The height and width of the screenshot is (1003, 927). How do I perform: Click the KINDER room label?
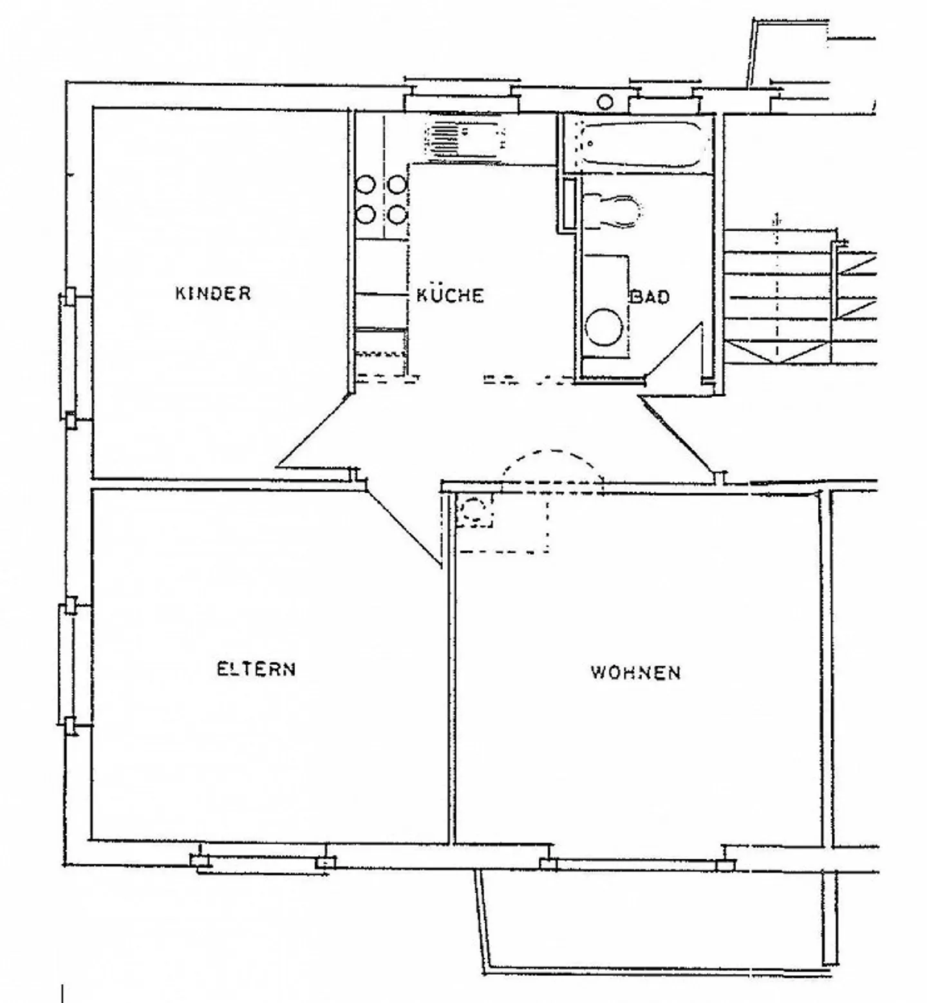click(213, 293)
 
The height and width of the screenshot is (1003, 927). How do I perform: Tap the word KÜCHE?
click(450, 295)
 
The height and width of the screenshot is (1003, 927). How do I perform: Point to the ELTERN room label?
click(256, 669)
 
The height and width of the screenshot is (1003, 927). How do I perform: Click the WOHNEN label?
click(635, 673)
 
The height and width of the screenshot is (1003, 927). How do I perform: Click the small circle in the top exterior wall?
click(606, 102)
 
